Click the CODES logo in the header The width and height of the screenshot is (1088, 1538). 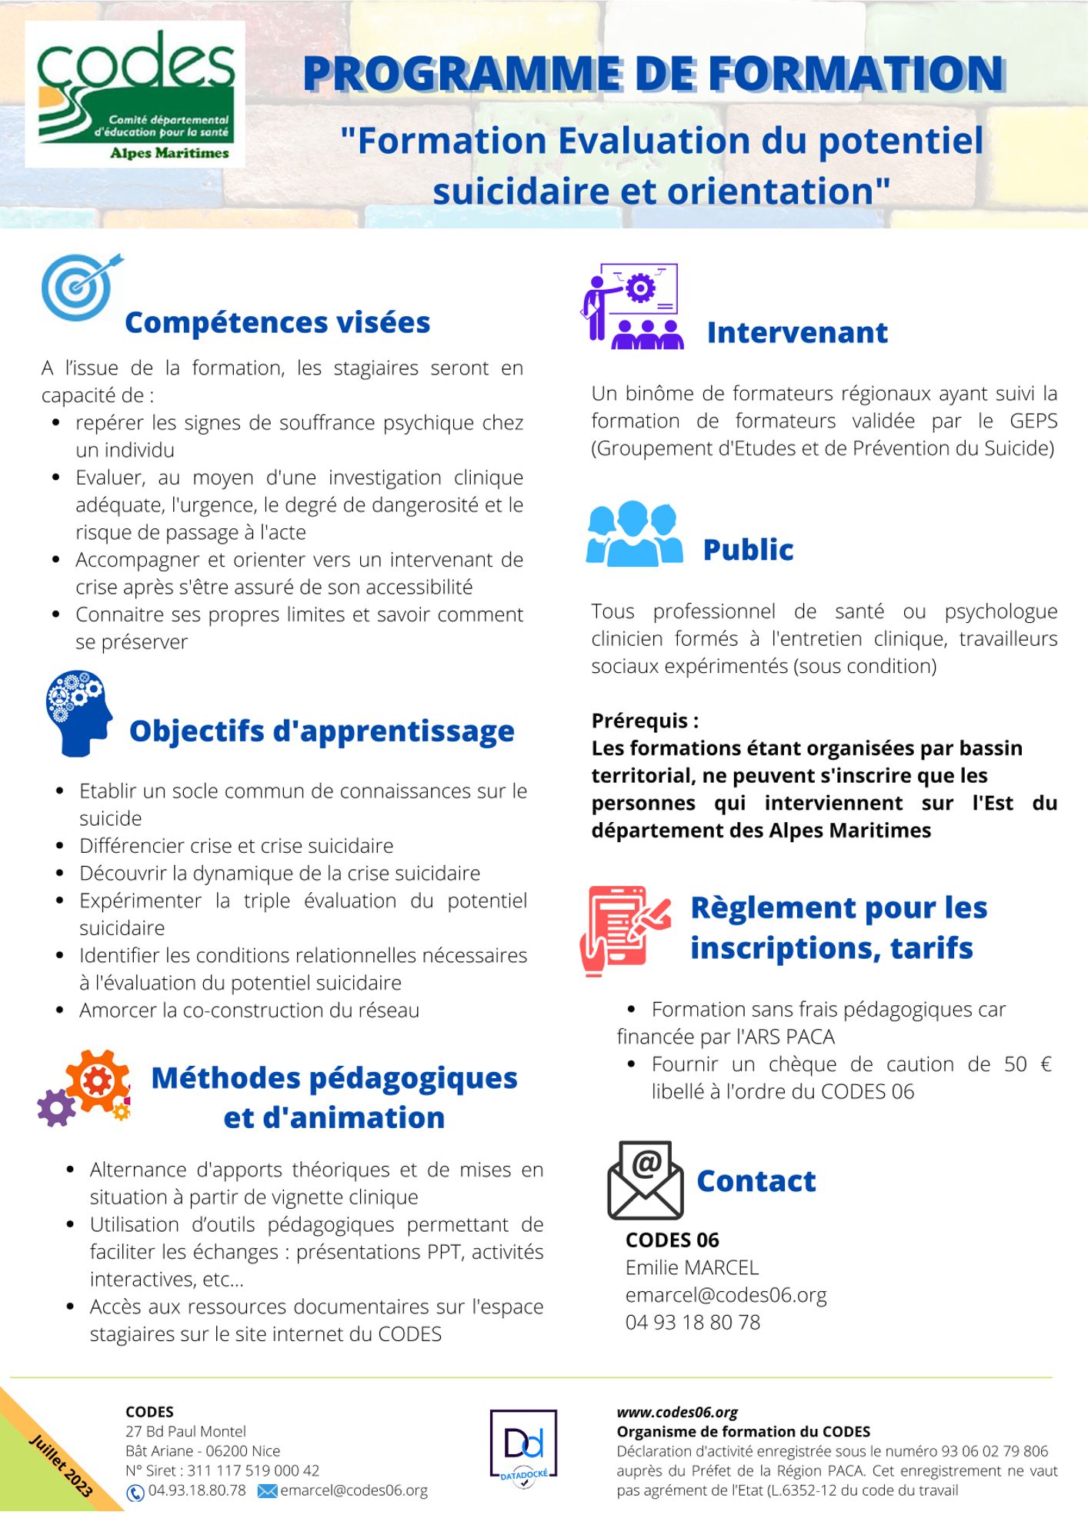pyautogui.click(x=135, y=94)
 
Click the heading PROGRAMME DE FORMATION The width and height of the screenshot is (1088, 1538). pyautogui.click(x=653, y=75)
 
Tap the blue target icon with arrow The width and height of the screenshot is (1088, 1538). pyautogui.click(x=80, y=287)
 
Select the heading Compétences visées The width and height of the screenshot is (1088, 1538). pyautogui.click(x=277, y=323)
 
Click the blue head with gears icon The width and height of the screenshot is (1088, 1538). pyautogui.click(x=78, y=712)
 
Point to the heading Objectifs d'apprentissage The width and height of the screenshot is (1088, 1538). pyautogui.click(x=322, y=731)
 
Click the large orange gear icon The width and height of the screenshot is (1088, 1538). pyautogui.click(x=98, y=1080)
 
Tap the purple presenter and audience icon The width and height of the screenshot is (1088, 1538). pyautogui.click(x=632, y=306)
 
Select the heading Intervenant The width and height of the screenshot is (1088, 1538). pyautogui.click(x=797, y=333)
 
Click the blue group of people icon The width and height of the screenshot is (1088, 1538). pyautogui.click(x=634, y=534)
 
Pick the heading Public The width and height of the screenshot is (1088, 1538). pyautogui.click(x=748, y=551)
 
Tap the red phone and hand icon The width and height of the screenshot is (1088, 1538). pyautogui.click(x=624, y=930)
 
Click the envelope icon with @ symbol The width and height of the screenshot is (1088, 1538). pyautogui.click(x=646, y=1180)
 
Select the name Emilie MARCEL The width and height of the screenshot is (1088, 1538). pyautogui.click(x=692, y=1267)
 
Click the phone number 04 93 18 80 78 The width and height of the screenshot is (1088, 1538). pyautogui.click(x=693, y=1323)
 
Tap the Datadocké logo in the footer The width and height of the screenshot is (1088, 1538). pyautogui.click(x=523, y=1448)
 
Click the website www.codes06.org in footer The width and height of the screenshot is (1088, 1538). pyautogui.click(x=677, y=1413)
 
